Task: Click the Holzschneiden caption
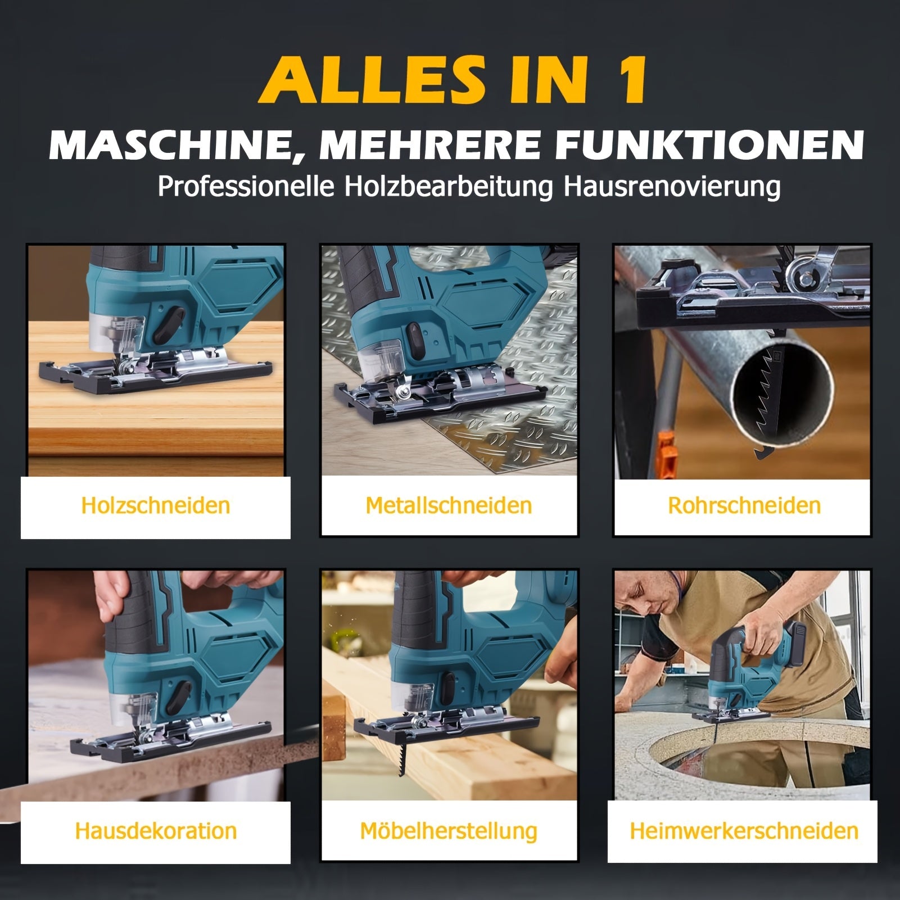156,505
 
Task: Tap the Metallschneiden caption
449,505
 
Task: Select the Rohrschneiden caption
744,505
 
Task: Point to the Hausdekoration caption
156,831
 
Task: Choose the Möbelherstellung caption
449,831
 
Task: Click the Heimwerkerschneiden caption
744,831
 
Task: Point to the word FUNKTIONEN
710,144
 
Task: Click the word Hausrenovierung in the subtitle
672,187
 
